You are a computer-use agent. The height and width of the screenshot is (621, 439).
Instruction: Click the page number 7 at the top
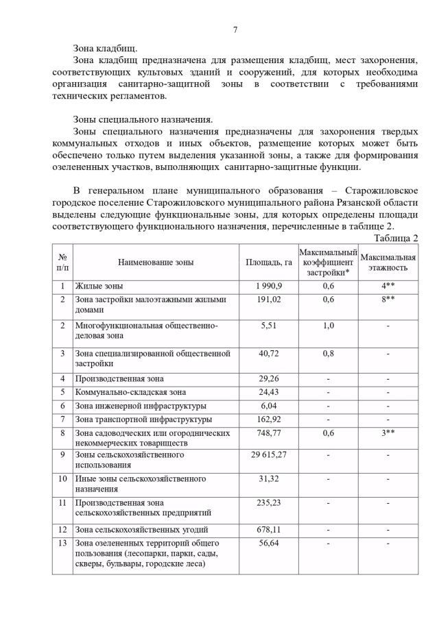point(235,29)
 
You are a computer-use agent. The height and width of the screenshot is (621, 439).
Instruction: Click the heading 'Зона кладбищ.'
point(105,49)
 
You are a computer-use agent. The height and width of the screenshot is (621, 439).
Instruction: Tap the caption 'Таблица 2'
point(396,238)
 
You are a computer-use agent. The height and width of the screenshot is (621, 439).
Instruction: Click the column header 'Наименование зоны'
point(156,263)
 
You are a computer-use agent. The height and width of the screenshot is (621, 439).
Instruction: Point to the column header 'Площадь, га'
point(268,263)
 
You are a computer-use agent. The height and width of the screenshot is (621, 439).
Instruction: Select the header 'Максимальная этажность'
point(388,263)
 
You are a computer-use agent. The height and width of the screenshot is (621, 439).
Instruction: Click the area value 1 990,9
point(268,286)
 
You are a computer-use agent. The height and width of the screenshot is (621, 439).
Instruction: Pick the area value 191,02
point(268,300)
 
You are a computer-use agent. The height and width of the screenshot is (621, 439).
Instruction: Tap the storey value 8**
point(388,300)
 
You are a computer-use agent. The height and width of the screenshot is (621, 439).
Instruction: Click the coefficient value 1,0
point(328,326)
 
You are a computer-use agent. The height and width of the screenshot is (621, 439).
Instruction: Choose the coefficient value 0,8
point(328,354)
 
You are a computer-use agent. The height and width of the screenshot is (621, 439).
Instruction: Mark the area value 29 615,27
point(268,454)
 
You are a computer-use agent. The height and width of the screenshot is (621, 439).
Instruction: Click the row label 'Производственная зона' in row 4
point(119,379)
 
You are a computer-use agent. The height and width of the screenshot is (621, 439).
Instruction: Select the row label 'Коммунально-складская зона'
point(130,393)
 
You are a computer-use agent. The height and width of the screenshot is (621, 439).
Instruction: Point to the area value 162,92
point(268,419)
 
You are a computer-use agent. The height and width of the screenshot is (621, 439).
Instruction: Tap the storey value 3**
point(388,433)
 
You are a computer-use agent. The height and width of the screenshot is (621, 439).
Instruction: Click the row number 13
point(62,544)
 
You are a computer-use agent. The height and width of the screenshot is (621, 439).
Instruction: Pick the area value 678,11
point(268,530)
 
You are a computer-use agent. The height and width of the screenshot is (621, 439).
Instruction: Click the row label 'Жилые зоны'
point(99,286)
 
